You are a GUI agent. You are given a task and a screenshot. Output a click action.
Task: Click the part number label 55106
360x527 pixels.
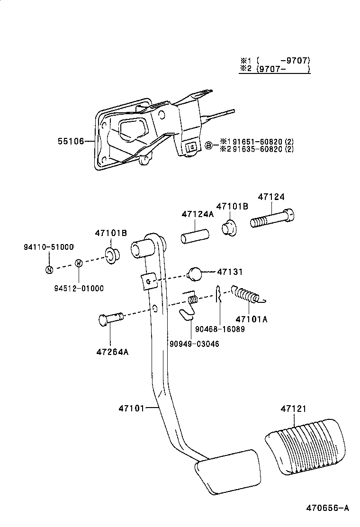tap(71, 141)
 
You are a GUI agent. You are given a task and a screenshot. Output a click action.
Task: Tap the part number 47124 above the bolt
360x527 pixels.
tap(271, 197)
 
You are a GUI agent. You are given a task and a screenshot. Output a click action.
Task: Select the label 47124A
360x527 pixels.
tap(198, 214)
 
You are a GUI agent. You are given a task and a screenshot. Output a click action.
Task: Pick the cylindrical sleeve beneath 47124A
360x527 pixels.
tap(194, 236)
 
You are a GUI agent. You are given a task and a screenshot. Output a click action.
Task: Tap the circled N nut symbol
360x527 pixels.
tap(49, 270)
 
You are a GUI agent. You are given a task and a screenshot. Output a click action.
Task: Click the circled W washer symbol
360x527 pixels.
tap(79, 263)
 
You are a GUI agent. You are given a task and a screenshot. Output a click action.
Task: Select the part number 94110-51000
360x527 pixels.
tap(49, 247)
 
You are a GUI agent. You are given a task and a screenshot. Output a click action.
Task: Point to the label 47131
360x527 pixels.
tap(230, 272)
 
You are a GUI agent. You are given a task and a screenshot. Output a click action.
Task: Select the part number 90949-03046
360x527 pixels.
tap(194, 344)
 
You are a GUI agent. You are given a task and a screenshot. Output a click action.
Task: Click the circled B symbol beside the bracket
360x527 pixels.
tap(208, 145)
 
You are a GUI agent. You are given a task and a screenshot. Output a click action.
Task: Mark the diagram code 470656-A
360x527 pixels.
tap(327, 508)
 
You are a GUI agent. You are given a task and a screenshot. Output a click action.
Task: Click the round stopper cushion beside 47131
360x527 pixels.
tap(195, 273)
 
